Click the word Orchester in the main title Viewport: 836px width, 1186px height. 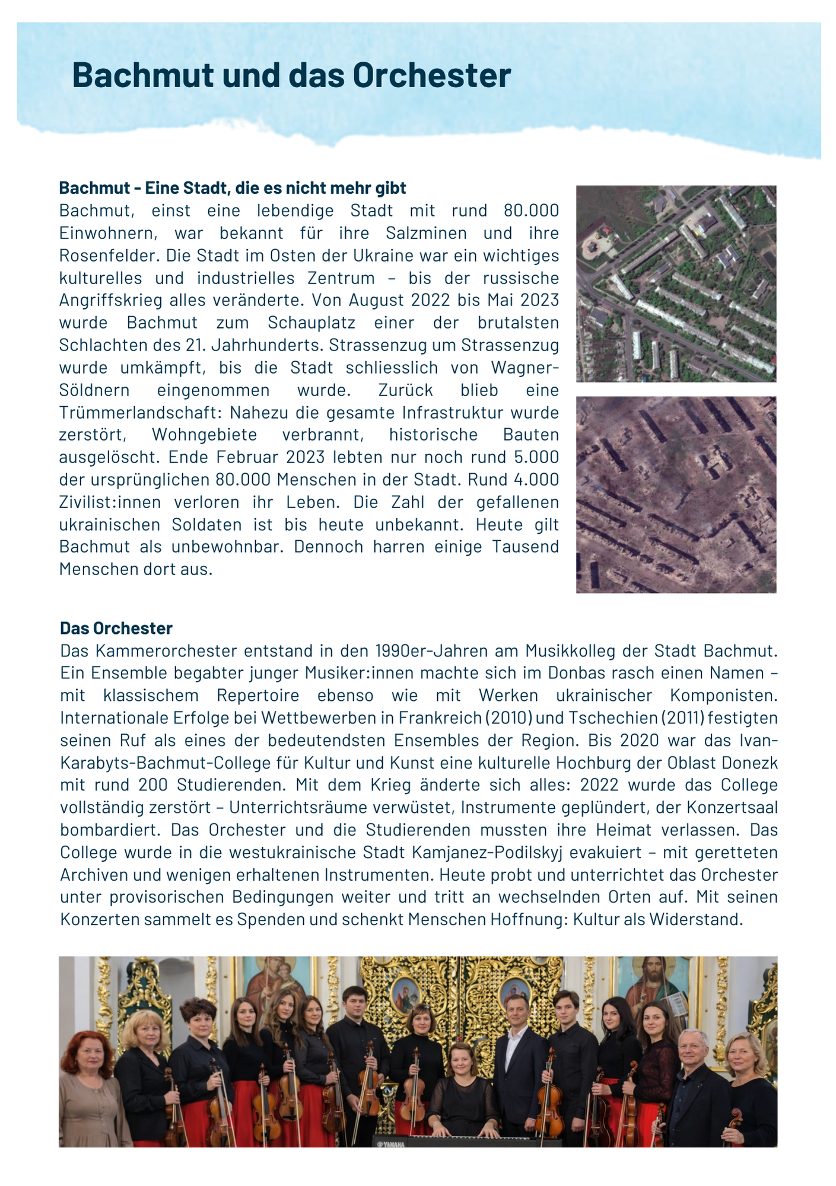(431, 76)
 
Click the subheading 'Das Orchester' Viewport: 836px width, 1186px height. (116, 628)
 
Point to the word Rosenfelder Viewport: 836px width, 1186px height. (109, 256)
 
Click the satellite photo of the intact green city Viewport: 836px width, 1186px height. (676, 283)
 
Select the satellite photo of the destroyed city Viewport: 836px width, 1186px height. (676, 495)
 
